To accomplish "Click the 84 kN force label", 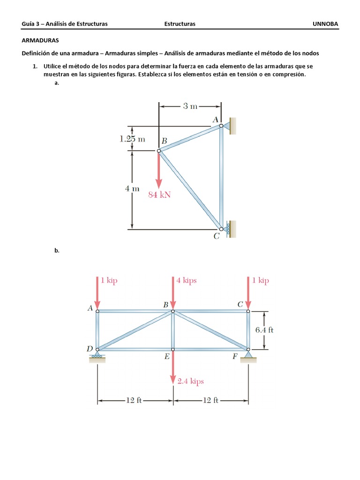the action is (x=159, y=195).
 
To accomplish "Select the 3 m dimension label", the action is (x=190, y=106).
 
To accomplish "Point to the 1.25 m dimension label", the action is (x=132, y=139).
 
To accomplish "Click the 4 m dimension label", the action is (x=132, y=189).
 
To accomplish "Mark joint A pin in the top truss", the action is (x=221, y=126).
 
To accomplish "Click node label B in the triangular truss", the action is (x=164, y=140).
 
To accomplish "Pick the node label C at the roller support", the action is (x=216, y=237).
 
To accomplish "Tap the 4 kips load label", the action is (x=187, y=281).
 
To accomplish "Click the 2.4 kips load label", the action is (x=191, y=381).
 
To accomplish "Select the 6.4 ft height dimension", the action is (x=264, y=330).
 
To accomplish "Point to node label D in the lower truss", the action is (x=90, y=348).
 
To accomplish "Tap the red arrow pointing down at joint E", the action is (x=173, y=368).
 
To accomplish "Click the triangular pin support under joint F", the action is (x=248, y=356).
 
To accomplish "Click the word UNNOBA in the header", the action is (x=325, y=23).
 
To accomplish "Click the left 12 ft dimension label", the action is (x=134, y=400).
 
